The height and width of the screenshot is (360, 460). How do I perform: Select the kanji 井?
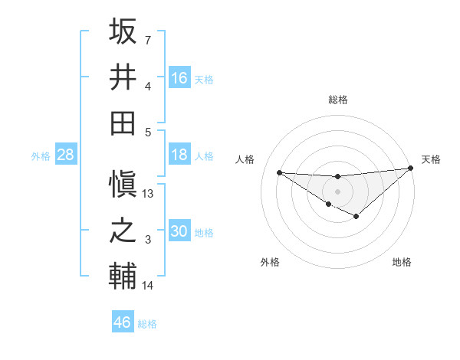(x=123, y=77)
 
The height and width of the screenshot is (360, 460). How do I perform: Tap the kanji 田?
(x=123, y=123)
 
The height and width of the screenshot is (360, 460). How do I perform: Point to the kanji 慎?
(x=123, y=185)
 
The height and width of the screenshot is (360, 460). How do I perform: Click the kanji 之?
(x=123, y=231)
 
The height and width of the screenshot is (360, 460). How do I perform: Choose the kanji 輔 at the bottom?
(x=123, y=277)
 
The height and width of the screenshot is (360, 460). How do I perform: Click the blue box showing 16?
(x=179, y=77)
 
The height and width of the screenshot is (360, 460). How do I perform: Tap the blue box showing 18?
(x=179, y=155)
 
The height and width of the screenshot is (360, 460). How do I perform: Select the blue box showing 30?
(x=179, y=231)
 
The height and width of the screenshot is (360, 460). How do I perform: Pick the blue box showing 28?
(x=66, y=155)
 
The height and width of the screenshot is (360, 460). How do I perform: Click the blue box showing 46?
(x=123, y=322)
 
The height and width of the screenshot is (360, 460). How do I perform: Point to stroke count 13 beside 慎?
(x=149, y=194)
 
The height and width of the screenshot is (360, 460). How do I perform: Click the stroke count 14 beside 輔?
(x=149, y=286)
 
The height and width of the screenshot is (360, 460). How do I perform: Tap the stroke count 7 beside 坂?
(x=148, y=40)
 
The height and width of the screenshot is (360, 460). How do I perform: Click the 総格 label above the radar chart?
(x=338, y=100)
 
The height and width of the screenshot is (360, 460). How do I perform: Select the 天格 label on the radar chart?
(x=432, y=159)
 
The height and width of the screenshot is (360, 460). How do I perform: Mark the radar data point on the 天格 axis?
(x=411, y=168)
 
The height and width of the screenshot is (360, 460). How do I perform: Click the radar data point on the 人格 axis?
(x=279, y=172)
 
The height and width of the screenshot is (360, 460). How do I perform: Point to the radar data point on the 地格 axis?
(x=356, y=217)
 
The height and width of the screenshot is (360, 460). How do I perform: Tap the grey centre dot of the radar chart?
(x=338, y=191)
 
